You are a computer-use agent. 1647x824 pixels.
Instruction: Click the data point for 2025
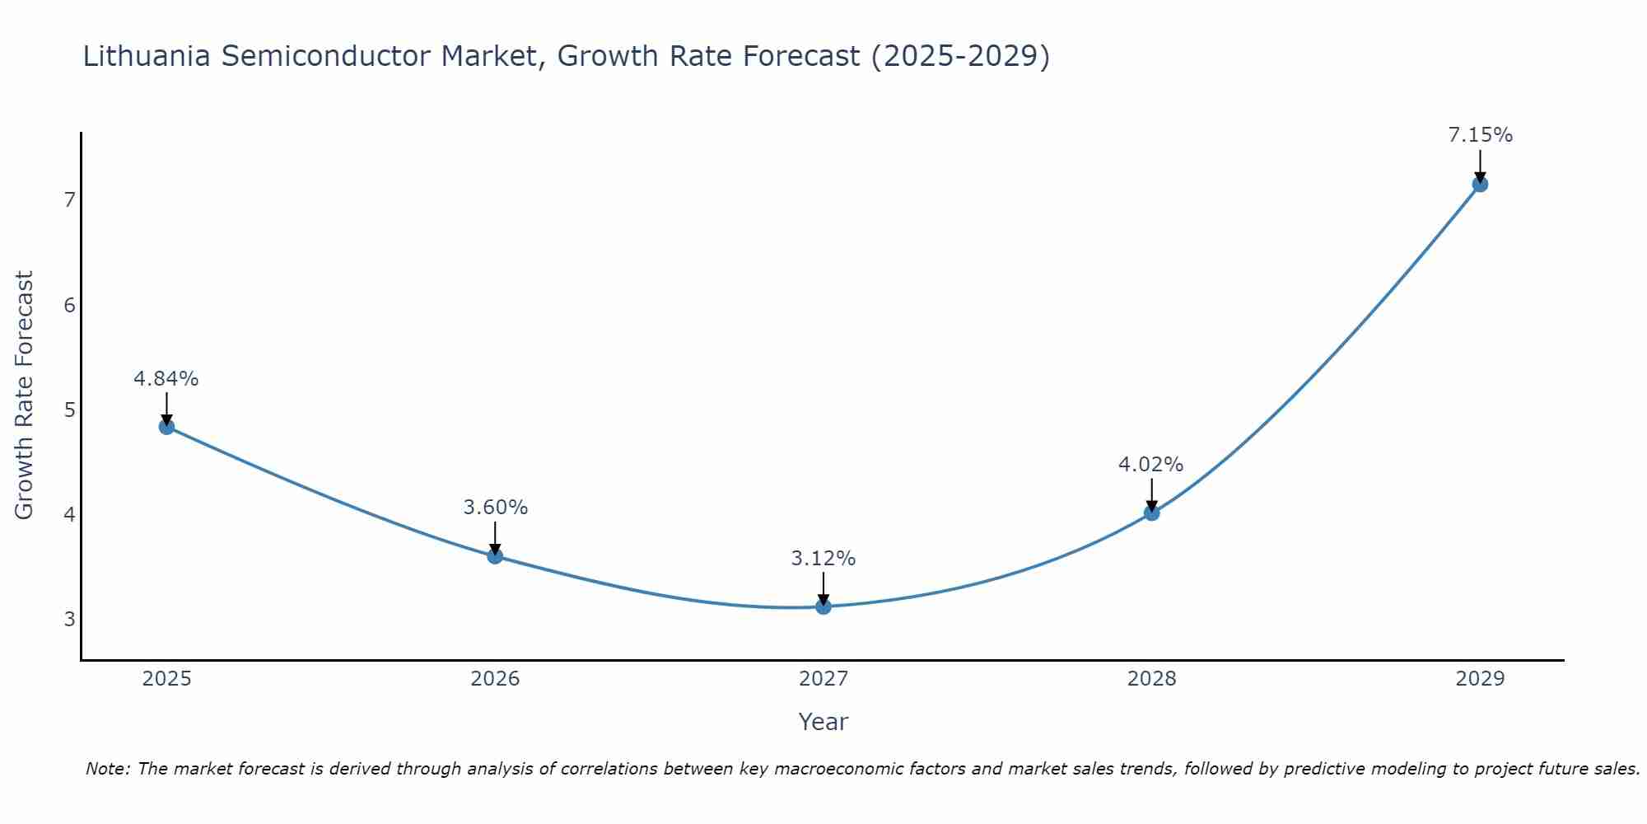(166, 427)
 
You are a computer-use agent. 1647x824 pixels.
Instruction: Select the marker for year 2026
(495, 556)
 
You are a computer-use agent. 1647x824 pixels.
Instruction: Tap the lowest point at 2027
(823, 607)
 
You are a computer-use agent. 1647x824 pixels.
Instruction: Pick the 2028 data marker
(1151, 513)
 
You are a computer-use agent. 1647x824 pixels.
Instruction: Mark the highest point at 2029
(1480, 185)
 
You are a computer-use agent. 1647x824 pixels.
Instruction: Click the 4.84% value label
(166, 379)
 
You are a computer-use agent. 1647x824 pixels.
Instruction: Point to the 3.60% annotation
(495, 508)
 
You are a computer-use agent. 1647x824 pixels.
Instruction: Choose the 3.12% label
(823, 559)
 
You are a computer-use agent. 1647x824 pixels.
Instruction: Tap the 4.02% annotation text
(1150, 465)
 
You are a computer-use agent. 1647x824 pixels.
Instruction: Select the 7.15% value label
(1480, 135)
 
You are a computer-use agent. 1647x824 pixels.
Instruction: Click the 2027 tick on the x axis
(823, 679)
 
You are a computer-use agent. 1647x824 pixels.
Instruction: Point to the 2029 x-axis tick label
(1480, 679)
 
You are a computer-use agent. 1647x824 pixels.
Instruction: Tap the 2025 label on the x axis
(166, 679)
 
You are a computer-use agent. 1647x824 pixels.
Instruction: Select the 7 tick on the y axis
(69, 200)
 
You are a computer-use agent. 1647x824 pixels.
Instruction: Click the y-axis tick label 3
(69, 619)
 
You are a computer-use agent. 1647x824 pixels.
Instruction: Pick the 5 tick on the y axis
(69, 410)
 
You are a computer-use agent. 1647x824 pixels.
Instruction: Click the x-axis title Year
(823, 722)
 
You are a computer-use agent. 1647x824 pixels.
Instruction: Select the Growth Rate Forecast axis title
(25, 396)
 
